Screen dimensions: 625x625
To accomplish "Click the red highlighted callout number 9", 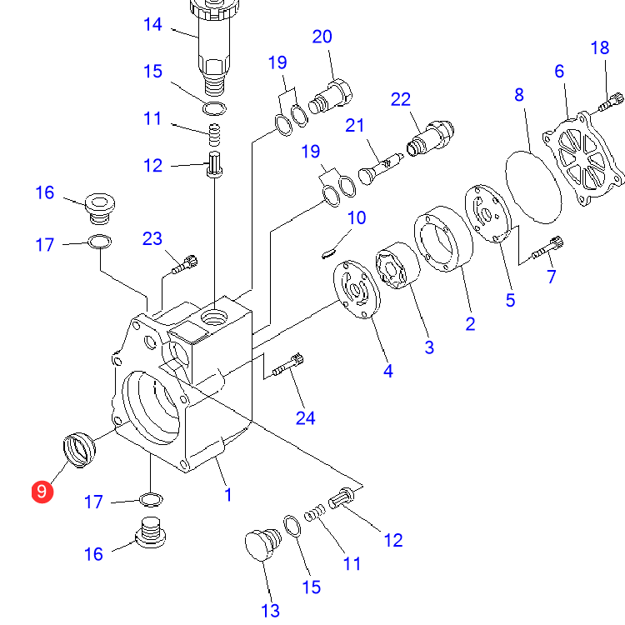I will tap(41, 492).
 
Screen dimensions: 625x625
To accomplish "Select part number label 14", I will tap(152, 24).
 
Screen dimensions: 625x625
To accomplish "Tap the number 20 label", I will tap(322, 37).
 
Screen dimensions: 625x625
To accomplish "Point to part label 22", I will tap(401, 100).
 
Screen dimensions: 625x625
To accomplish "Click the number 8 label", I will tap(519, 94).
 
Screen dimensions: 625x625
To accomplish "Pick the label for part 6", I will tap(559, 71).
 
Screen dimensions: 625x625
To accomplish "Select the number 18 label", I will tap(600, 48).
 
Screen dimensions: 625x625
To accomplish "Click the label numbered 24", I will tap(306, 417).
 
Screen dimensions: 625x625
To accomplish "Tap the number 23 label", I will tap(152, 239).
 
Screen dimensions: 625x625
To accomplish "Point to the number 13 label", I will tap(270, 611).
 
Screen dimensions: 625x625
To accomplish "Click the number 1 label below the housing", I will tap(227, 495).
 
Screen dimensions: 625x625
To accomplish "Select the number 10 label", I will tap(357, 218).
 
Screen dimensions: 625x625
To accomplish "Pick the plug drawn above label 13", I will tap(260, 546).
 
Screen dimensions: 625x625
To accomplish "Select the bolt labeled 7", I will tap(552, 247).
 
